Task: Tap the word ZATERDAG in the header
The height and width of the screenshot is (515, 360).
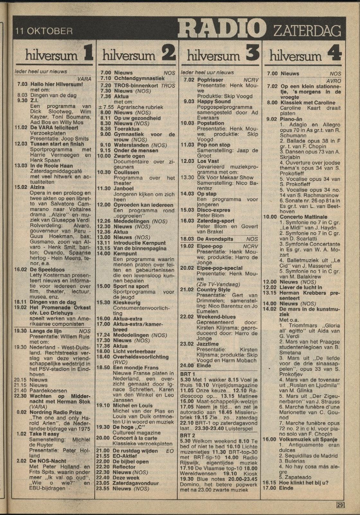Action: click(x=307, y=31)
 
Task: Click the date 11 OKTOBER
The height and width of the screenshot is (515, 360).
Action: click(x=44, y=31)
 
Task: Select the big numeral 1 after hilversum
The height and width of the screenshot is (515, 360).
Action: click(x=87, y=53)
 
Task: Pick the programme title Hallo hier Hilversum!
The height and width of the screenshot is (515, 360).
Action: click(x=56, y=84)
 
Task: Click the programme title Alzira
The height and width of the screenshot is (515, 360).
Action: click(x=38, y=187)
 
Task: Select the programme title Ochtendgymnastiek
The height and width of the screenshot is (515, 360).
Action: click(x=139, y=78)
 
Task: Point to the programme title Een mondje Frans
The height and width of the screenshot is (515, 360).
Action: click(x=136, y=368)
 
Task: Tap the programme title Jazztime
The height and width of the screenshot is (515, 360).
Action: click(x=208, y=344)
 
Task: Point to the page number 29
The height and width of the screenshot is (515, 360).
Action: click(x=340, y=504)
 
